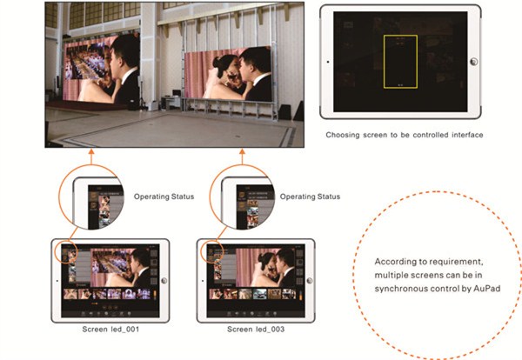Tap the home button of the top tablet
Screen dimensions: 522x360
point(473,62)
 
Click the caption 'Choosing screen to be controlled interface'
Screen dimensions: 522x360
point(405,135)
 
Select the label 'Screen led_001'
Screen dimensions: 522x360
point(110,329)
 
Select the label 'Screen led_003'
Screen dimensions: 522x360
point(256,329)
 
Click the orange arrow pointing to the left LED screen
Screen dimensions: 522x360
point(91,157)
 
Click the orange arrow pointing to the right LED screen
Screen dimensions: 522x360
point(243,157)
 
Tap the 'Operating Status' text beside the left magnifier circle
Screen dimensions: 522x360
point(164,197)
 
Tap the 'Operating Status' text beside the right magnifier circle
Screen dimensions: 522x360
point(310,197)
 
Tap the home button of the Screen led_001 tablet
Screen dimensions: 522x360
point(164,281)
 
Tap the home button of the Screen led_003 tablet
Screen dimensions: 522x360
point(310,281)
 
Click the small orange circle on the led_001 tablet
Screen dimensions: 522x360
point(68,253)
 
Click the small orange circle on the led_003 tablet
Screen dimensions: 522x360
point(213,251)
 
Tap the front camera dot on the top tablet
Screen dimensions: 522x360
point(328,62)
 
